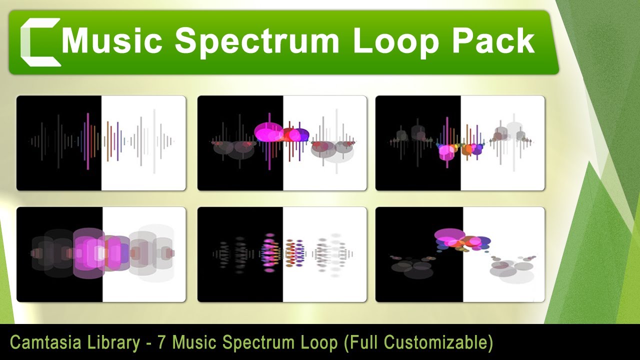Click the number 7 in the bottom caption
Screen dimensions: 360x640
click(x=161, y=343)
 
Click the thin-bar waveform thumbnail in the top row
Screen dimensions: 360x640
click(x=101, y=143)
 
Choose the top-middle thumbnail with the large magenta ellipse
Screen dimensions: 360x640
click(x=282, y=143)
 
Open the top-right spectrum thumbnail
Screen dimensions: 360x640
click(x=460, y=143)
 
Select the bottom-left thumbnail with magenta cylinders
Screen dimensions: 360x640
click(x=101, y=254)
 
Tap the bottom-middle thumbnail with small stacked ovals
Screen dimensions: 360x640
click(x=282, y=254)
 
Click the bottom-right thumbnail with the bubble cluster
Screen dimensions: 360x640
click(x=460, y=254)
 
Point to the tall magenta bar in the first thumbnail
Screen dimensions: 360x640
click(x=88, y=141)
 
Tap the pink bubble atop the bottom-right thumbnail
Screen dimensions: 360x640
click(x=449, y=234)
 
